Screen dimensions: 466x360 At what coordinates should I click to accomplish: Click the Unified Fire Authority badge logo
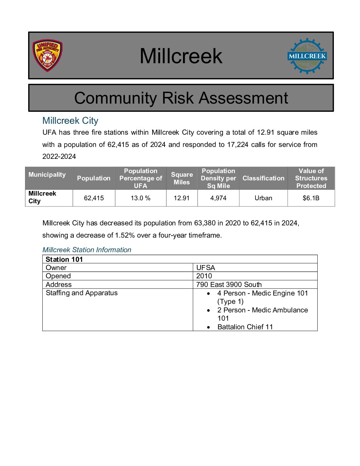[x=47, y=56]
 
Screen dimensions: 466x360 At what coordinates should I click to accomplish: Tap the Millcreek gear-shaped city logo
[x=307, y=56]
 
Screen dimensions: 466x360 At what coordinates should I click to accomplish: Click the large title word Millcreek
[x=181, y=56]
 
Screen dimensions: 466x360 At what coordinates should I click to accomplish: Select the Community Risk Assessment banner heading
[x=181, y=98]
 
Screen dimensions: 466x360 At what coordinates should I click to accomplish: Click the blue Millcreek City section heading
[x=70, y=120]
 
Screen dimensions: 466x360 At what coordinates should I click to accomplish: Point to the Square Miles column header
[x=182, y=178]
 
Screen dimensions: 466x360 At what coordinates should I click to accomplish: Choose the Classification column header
[x=263, y=178]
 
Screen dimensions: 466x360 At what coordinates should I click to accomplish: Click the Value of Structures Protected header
[x=311, y=178]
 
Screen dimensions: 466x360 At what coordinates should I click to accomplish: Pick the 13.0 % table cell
[x=140, y=198]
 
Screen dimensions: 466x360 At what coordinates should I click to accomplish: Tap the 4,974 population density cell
[x=218, y=198]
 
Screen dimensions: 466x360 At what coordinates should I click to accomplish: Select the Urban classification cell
[x=263, y=198]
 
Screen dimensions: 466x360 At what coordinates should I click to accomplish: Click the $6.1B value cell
[x=311, y=198]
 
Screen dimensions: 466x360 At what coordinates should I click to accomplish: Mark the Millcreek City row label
[x=42, y=197]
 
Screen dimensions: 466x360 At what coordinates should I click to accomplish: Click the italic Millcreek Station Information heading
[x=87, y=250]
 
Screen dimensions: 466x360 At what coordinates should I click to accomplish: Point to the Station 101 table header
[x=64, y=259]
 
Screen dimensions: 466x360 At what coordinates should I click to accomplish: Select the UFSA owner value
[x=205, y=267]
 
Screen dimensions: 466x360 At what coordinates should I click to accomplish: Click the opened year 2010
[x=204, y=276]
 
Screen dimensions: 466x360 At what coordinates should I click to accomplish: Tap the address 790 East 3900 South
[x=229, y=285]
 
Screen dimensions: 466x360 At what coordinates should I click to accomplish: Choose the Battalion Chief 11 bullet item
[x=245, y=327]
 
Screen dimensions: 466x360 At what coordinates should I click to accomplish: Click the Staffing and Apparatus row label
[x=81, y=293]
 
